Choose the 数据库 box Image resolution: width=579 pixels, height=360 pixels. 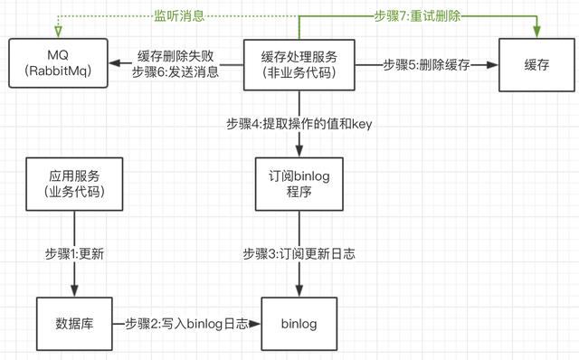click(74, 323)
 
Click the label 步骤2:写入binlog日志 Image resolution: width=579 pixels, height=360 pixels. click(186, 323)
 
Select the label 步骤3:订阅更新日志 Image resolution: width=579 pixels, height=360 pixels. click(298, 254)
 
